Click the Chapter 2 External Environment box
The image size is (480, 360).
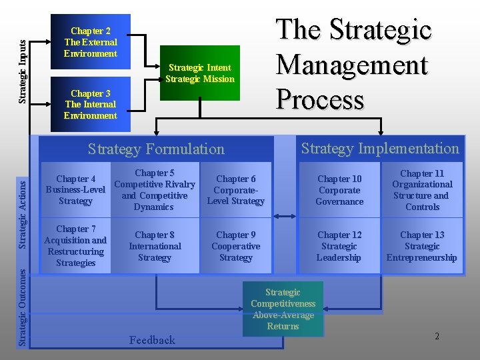coord(90,42)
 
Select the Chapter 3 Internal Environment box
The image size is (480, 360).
coord(90,105)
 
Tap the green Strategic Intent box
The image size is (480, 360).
coord(201,73)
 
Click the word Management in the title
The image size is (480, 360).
coord(351,65)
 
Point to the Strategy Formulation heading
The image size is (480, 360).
coord(157,149)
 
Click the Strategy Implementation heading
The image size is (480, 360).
coord(380,149)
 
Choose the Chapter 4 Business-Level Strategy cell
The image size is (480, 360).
coord(75,190)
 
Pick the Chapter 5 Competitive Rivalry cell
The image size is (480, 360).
coord(154,190)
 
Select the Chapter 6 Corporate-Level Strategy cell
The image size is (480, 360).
coord(235,190)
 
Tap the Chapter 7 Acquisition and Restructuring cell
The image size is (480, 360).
coord(75,246)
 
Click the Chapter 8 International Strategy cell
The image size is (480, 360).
coord(154,246)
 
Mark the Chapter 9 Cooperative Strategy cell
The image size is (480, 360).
coord(235,246)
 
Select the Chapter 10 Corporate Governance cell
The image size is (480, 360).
coord(339,190)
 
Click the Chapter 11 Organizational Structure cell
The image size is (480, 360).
coord(421,190)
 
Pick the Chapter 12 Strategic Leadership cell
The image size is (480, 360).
coord(339,246)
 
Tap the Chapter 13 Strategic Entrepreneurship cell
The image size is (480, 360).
coord(421,246)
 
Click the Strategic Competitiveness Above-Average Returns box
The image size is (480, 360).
coord(283,309)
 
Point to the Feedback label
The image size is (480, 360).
coord(152,340)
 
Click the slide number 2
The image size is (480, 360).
coord(437,336)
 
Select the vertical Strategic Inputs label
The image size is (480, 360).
coord(22,71)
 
